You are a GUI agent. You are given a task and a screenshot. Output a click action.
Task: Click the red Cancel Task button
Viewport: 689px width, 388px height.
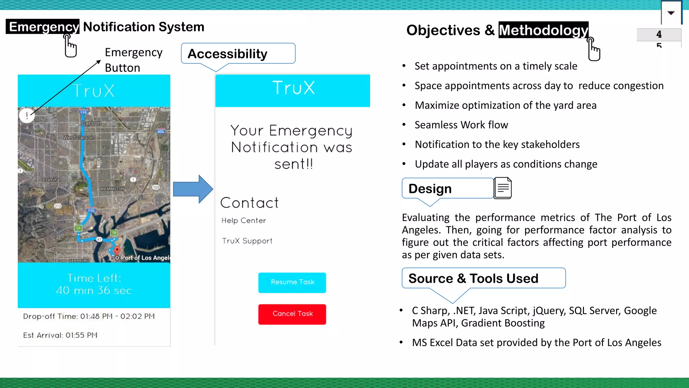point(292,314)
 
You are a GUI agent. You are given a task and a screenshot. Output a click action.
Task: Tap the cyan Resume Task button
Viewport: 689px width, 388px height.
point(292,283)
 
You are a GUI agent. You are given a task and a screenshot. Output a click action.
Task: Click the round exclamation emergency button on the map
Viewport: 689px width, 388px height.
point(27,116)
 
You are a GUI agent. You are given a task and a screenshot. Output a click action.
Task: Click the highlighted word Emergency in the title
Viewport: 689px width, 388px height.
point(43,27)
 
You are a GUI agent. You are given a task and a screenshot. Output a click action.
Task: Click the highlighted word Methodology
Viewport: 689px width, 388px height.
point(543,30)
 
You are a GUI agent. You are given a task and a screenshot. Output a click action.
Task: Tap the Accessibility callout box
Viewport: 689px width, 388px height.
point(238,54)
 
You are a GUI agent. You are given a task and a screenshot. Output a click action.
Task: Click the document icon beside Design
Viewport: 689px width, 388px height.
point(503,188)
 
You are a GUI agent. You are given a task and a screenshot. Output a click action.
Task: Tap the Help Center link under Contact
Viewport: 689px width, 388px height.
point(244,221)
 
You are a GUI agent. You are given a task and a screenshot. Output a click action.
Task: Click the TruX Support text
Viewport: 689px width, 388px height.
point(247,241)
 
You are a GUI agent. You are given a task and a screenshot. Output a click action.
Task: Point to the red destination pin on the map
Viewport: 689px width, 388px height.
point(117,250)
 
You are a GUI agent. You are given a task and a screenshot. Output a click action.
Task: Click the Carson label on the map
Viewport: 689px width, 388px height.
point(91,123)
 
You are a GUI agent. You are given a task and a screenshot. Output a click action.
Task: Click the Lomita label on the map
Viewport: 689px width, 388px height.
point(51,180)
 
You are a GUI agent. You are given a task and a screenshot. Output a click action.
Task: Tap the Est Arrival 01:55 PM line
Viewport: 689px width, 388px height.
point(60,335)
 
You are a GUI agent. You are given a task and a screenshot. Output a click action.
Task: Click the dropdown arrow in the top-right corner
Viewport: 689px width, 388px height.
point(671,13)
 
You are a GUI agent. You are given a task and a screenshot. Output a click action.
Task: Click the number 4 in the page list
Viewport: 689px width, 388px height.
point(659,34)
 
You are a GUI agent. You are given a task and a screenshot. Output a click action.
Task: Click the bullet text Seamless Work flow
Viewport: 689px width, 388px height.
point(461,125)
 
